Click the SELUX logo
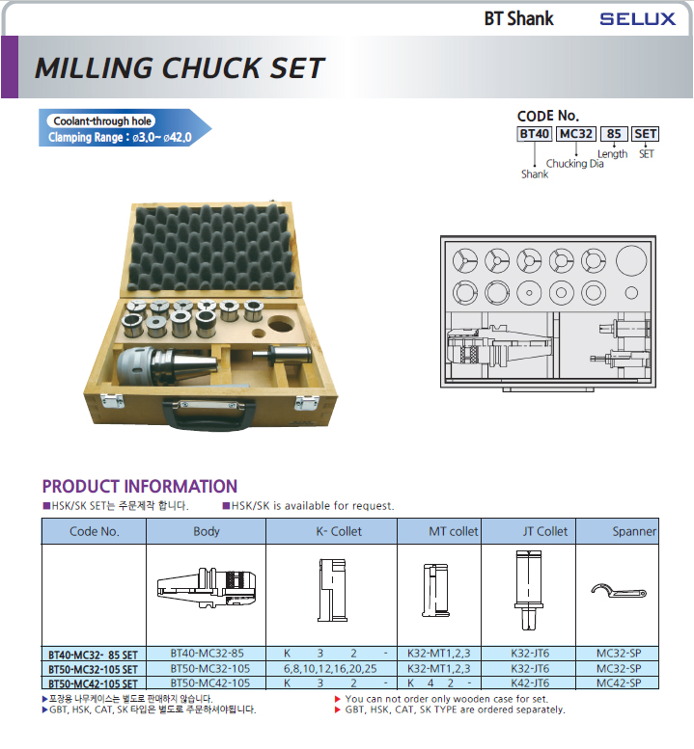pyautogui.click(x=638, y=19)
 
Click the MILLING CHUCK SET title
pyautogui.click(x=180, y=67)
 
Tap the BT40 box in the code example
pyautogui.click(x=534, y=134)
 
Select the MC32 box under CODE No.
pyautogui.click(x=576, y=134)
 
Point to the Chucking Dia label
pyautogui.click(x=574, y=163)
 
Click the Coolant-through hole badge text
pyautogui.click(x=102, y=121)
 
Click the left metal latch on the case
pyautogui.click(x=112, y=401)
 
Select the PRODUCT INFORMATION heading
pyautogui.click(x=140, y=486)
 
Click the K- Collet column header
pyautogui.click(x=339, y=531)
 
